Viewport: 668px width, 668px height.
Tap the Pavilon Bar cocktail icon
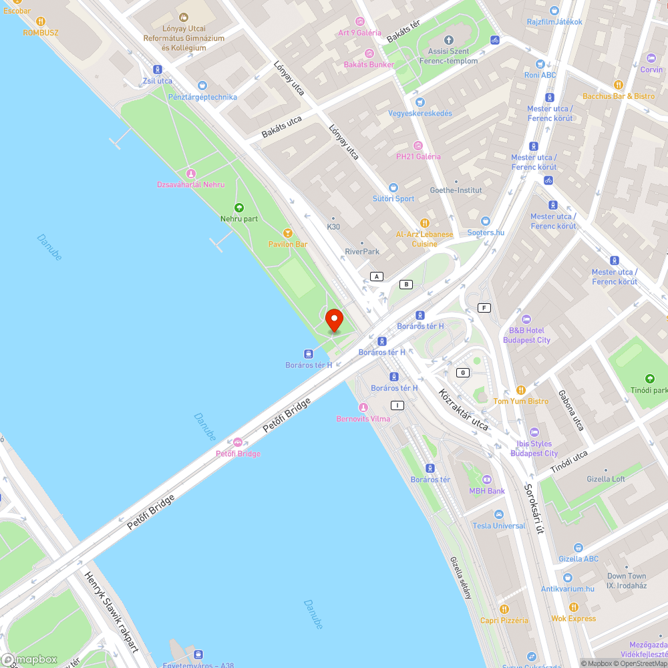(288, 232)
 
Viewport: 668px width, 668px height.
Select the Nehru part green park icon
(239, 208)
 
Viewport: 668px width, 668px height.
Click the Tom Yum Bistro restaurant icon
(520, 390)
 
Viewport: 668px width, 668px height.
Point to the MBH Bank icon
(486, 480)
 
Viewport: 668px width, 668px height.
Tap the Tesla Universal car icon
(498, 514)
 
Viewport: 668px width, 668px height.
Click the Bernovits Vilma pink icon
(363, 407)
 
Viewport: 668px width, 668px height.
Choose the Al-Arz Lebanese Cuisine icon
(424, 223)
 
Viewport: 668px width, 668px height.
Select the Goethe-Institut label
(456, 190)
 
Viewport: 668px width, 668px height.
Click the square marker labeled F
(484, 308)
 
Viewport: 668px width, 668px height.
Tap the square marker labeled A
(377, 277)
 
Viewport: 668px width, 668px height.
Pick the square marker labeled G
(462, 372)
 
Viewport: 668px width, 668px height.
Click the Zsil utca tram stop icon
(158, 69)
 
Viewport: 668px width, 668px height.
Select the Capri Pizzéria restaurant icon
(504, 609)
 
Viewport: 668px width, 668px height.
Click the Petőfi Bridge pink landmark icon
(238, 442)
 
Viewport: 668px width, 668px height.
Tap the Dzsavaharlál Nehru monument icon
(190, 174)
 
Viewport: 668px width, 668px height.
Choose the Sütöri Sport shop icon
(393, 188)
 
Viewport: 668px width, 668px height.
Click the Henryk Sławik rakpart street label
(112, 611)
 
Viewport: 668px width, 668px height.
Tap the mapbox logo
(30, 659)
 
